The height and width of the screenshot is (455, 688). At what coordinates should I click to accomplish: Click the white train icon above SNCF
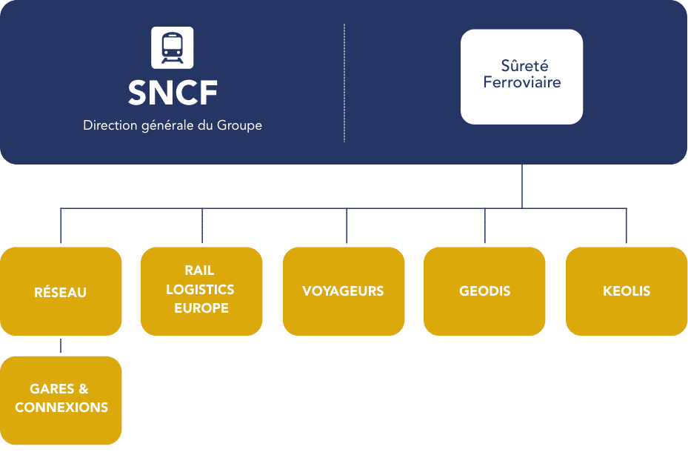173,47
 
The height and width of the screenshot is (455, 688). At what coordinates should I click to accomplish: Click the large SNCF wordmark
173,93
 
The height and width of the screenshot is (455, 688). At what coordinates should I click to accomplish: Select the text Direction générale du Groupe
173,125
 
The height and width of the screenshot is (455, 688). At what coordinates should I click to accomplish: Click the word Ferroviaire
521,82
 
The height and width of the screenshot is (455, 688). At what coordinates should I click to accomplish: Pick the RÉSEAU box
61,292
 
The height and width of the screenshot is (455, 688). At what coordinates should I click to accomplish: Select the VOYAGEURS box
343,291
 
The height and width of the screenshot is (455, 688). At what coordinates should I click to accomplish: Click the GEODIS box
484,291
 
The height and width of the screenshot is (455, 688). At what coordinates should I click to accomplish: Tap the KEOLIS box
627,291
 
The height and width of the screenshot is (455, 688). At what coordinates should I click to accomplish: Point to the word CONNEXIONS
61,408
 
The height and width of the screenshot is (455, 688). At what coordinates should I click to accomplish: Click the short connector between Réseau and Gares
61,346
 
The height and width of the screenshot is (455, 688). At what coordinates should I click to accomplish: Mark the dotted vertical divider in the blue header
344,82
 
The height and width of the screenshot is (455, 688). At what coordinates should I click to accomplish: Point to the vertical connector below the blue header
522,185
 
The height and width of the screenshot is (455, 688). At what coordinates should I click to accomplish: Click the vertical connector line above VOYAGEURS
346,227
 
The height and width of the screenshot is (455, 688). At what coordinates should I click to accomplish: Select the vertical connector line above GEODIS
485,227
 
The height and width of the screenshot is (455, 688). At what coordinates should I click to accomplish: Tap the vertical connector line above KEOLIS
627,227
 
